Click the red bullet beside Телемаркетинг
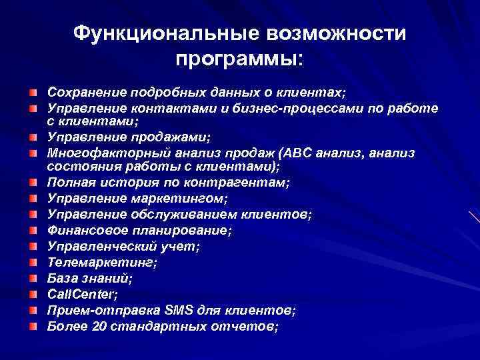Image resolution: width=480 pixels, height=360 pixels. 33,262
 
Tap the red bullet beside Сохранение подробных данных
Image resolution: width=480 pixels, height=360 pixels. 33,90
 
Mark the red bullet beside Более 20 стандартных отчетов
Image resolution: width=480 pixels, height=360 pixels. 33,327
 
